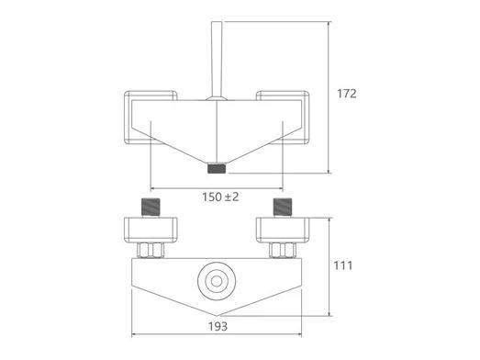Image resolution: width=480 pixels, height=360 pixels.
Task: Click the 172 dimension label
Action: (x=347, y=94)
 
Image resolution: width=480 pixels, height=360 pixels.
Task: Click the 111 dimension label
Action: (x=343, y=265)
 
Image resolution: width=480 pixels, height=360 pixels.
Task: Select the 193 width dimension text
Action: (x=218, y=327)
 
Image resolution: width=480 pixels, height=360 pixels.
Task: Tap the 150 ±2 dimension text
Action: (x=220, y=197)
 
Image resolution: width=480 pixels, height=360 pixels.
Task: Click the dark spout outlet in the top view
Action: (x=217, y=168)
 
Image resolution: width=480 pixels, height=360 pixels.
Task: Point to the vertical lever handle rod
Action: (x=217, y=59)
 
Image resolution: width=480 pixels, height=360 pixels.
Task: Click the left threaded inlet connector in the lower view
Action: (x=151, y=208)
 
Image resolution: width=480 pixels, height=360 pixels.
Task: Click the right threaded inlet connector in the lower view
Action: (x=283, y=208)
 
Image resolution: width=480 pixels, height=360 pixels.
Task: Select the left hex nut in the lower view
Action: (x=151, y=250)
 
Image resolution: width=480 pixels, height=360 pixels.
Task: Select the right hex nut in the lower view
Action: (x=283, y=250)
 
